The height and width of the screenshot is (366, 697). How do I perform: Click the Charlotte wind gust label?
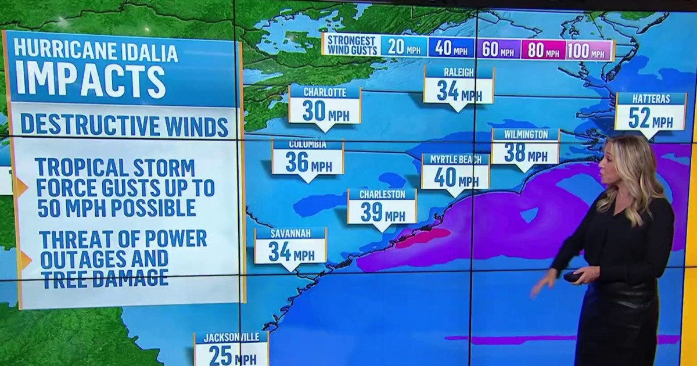325,106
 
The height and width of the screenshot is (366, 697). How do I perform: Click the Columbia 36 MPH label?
308,158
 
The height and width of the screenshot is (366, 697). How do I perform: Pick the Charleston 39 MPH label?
382,207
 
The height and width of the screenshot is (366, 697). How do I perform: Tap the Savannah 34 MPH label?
290,246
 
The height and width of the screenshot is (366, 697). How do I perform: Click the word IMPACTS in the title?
90,81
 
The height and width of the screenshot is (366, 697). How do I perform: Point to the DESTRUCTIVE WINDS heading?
124,125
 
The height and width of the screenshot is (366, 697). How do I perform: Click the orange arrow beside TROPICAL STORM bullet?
22,187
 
